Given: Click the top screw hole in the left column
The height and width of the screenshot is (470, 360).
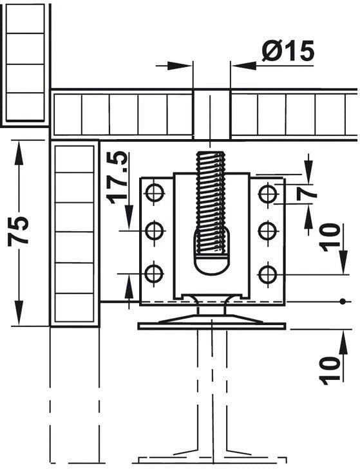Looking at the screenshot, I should [154, 192].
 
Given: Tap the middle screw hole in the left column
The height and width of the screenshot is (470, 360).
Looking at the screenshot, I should [154, 230].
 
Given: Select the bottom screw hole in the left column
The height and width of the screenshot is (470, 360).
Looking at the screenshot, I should [154, 274].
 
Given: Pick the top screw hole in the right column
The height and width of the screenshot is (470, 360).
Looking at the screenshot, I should [267, 192].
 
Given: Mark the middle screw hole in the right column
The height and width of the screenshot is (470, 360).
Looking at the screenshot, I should [267, 230].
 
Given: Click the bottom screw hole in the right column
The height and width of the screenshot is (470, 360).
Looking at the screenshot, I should [267, 274].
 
